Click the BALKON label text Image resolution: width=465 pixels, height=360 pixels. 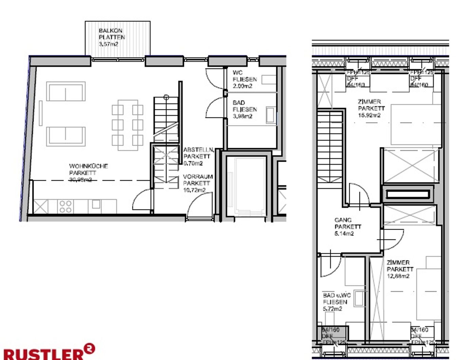point(110,31)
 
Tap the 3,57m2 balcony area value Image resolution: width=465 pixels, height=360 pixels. point(108,44)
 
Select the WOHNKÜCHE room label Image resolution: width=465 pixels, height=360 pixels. point(88,166)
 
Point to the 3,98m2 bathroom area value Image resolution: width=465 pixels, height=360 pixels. point(242,116)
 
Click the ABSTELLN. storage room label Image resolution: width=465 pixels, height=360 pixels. point(199,150)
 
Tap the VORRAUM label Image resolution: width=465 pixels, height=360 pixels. point(198,177)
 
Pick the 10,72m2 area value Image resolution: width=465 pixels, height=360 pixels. point(194,190)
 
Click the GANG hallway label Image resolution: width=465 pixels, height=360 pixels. point(343,220)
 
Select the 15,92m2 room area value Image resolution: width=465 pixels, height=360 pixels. point(369,115)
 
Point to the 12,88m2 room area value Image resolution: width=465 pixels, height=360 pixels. point(398,276)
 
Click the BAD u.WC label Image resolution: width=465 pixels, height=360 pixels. point(337,295)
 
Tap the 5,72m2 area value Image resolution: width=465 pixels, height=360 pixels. point(332,309)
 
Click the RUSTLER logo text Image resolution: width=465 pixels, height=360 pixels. point(43,354)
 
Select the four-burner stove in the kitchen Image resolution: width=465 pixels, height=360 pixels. point(66,206)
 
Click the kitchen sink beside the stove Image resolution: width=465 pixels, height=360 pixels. point(96,204)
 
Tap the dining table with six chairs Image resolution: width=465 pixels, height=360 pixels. point(127,125)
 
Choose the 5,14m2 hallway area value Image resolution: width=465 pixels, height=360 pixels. point(344,234)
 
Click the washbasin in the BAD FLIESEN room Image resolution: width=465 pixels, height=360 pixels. point(271,115)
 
